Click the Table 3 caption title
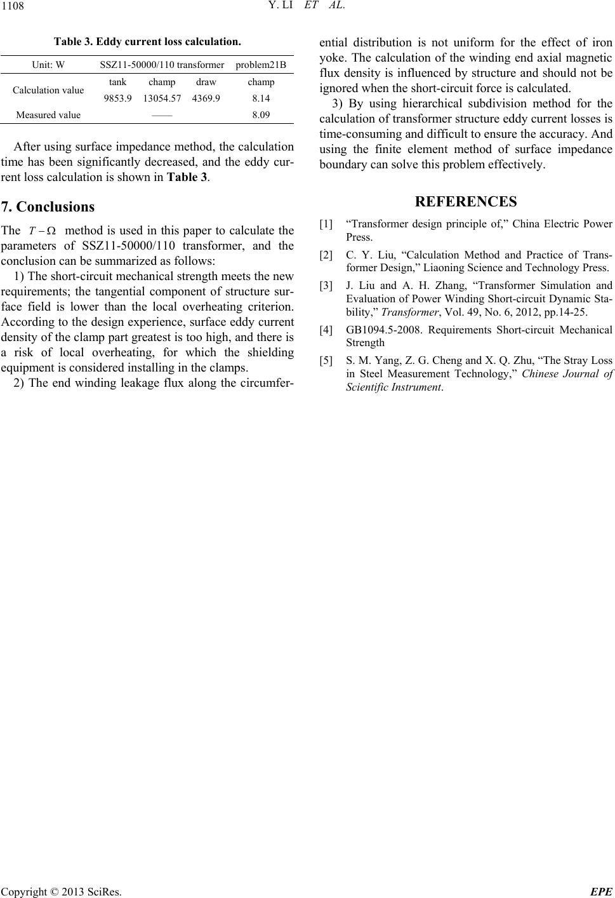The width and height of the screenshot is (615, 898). [x=147, y=43]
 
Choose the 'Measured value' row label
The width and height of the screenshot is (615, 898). [x=48, y=115]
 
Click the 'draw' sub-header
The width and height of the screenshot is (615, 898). [x=206, y=82]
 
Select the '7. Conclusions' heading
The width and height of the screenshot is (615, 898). [x=48, y=206]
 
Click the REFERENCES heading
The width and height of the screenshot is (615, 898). [x=465, y=202]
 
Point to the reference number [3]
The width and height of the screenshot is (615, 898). [x=326, y=286]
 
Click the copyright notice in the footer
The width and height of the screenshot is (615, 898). [x=62, y=891]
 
